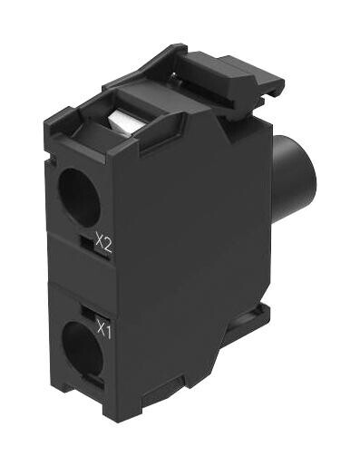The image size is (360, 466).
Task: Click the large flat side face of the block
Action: pyautogui.click(x=186, y=263)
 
